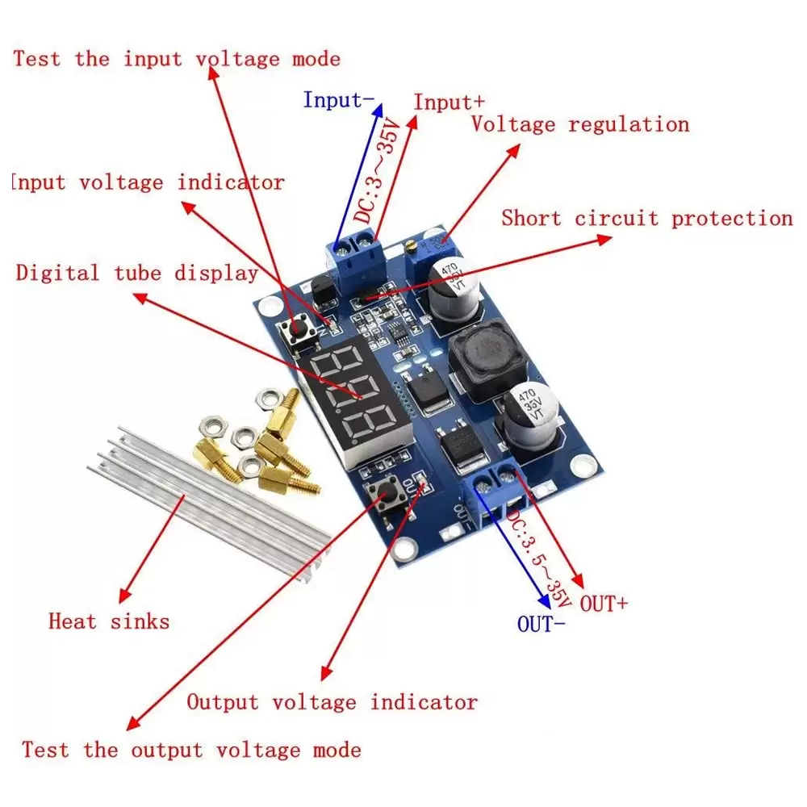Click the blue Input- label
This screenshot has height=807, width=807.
coord(338,100)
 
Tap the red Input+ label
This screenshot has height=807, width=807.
coord(449,102)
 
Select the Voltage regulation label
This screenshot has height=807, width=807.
coord(580,124)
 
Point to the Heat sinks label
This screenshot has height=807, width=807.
coord(109,621)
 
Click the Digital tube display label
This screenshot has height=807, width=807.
coord(137,273)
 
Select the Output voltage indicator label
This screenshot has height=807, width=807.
coord(332,702)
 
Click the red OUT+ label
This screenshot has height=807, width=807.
coord(604,603)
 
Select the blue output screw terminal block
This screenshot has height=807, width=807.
coord(492,495)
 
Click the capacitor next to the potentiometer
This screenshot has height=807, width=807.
coord(456,289)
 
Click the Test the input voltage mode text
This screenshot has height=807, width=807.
coord(177,59)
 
